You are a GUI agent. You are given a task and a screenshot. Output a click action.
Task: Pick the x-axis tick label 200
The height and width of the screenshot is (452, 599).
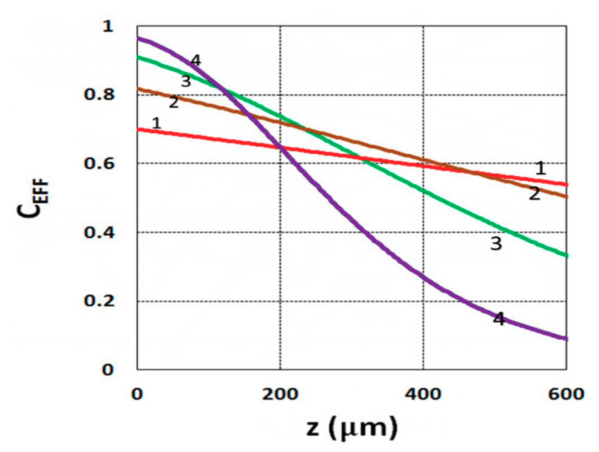click(x=280, y=394)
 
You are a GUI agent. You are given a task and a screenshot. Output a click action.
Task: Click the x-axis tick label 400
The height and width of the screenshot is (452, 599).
click(x=423, y=394)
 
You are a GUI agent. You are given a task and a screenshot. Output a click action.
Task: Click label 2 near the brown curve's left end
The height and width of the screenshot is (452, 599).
click(x=174, y=102)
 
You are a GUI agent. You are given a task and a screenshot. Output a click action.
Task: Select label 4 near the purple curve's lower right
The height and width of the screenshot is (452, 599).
click(x=498, y=319)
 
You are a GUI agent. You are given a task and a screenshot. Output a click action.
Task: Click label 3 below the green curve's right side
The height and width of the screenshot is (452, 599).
click(x=496, y=243)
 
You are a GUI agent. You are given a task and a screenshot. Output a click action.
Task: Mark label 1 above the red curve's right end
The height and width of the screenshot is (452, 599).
click(x=540, y=169)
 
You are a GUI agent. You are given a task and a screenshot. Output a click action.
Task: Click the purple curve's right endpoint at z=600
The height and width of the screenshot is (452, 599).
click(x=566, y=338)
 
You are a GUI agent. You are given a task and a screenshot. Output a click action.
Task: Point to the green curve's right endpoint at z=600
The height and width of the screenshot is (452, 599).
click(x=566, y=255)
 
